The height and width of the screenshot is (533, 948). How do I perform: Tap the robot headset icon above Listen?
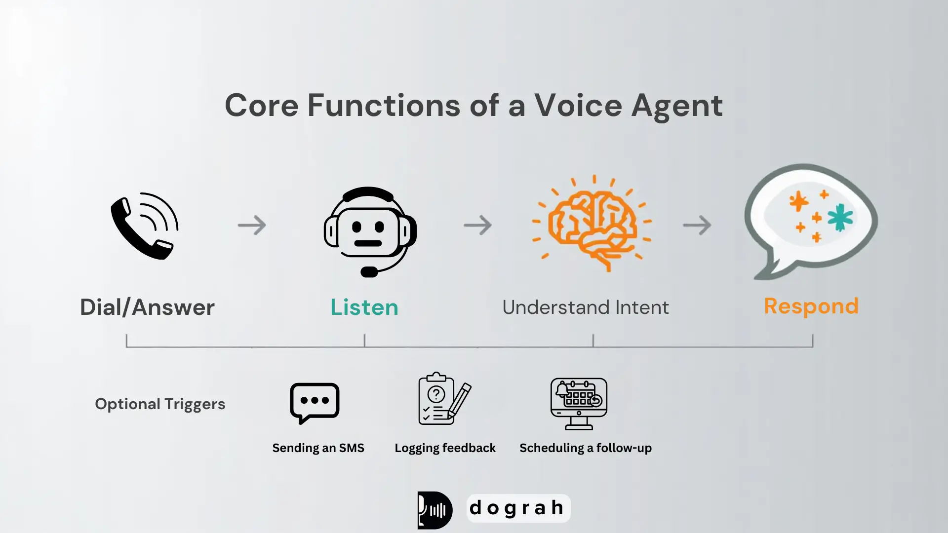pyautogui.click(x=369, y=231)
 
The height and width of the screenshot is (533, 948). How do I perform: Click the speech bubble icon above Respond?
pyautogui.click(x=810, y=220)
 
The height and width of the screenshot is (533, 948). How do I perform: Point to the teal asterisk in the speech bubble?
pyautogui.click(x=840, y=217)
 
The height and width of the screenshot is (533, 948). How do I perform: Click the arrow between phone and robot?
pyautogui.click(x=252, y=225)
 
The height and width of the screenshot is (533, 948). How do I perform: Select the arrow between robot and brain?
pyautogui.click(x=477, y=225)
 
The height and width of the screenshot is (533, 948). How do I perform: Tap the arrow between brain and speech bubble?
pyautogui.click(x=697, y=225)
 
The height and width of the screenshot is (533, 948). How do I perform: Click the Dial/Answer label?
pyautogui.click(x=147, y=307)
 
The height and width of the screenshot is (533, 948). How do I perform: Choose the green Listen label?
pyautogui.click(x=364, y=307)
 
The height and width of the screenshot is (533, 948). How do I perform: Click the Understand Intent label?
pyautogui.click(x=586, y=307)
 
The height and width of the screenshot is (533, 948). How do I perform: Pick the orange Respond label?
pyautogui.click(x=811, y=306)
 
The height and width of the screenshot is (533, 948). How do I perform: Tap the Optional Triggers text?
pyautogui.click(x=160, y=404)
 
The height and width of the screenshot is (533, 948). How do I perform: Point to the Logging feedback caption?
pyautogui.click(x=445, y=448)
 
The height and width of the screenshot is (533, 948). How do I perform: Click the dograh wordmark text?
pyautogui.click(x=517, y=508)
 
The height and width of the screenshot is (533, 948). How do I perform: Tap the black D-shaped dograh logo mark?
pyautogui.click(x=434, y=510)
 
